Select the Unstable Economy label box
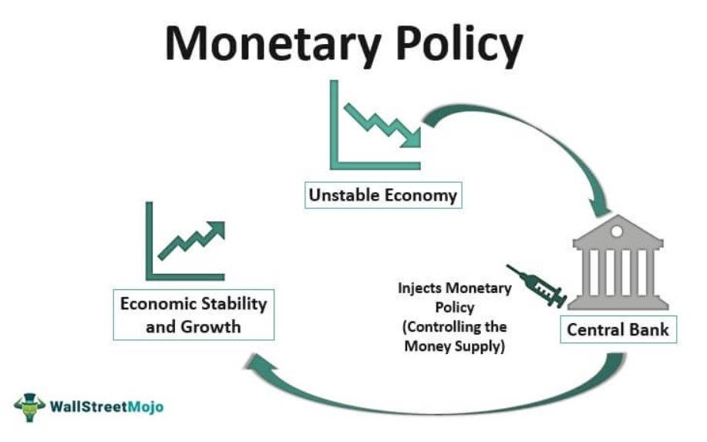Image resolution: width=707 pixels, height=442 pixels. [x=382, y=195]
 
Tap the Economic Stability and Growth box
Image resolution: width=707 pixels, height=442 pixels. [x=193, y=315]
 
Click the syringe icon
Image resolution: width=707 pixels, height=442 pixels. [x=537, y=285]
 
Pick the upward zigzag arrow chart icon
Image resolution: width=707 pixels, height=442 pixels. [x=186, y=242]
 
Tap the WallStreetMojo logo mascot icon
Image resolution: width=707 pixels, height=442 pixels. [x=29, y=406]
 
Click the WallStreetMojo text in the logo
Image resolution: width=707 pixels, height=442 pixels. [x=106, y=407]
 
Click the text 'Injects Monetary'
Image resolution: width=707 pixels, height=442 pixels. [x=454, y=288]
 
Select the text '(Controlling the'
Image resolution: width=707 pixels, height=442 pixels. [x=454, y=326]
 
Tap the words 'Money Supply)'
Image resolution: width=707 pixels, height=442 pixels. [x=454, y=346]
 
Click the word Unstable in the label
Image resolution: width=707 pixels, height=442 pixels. [x=342, y=195]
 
